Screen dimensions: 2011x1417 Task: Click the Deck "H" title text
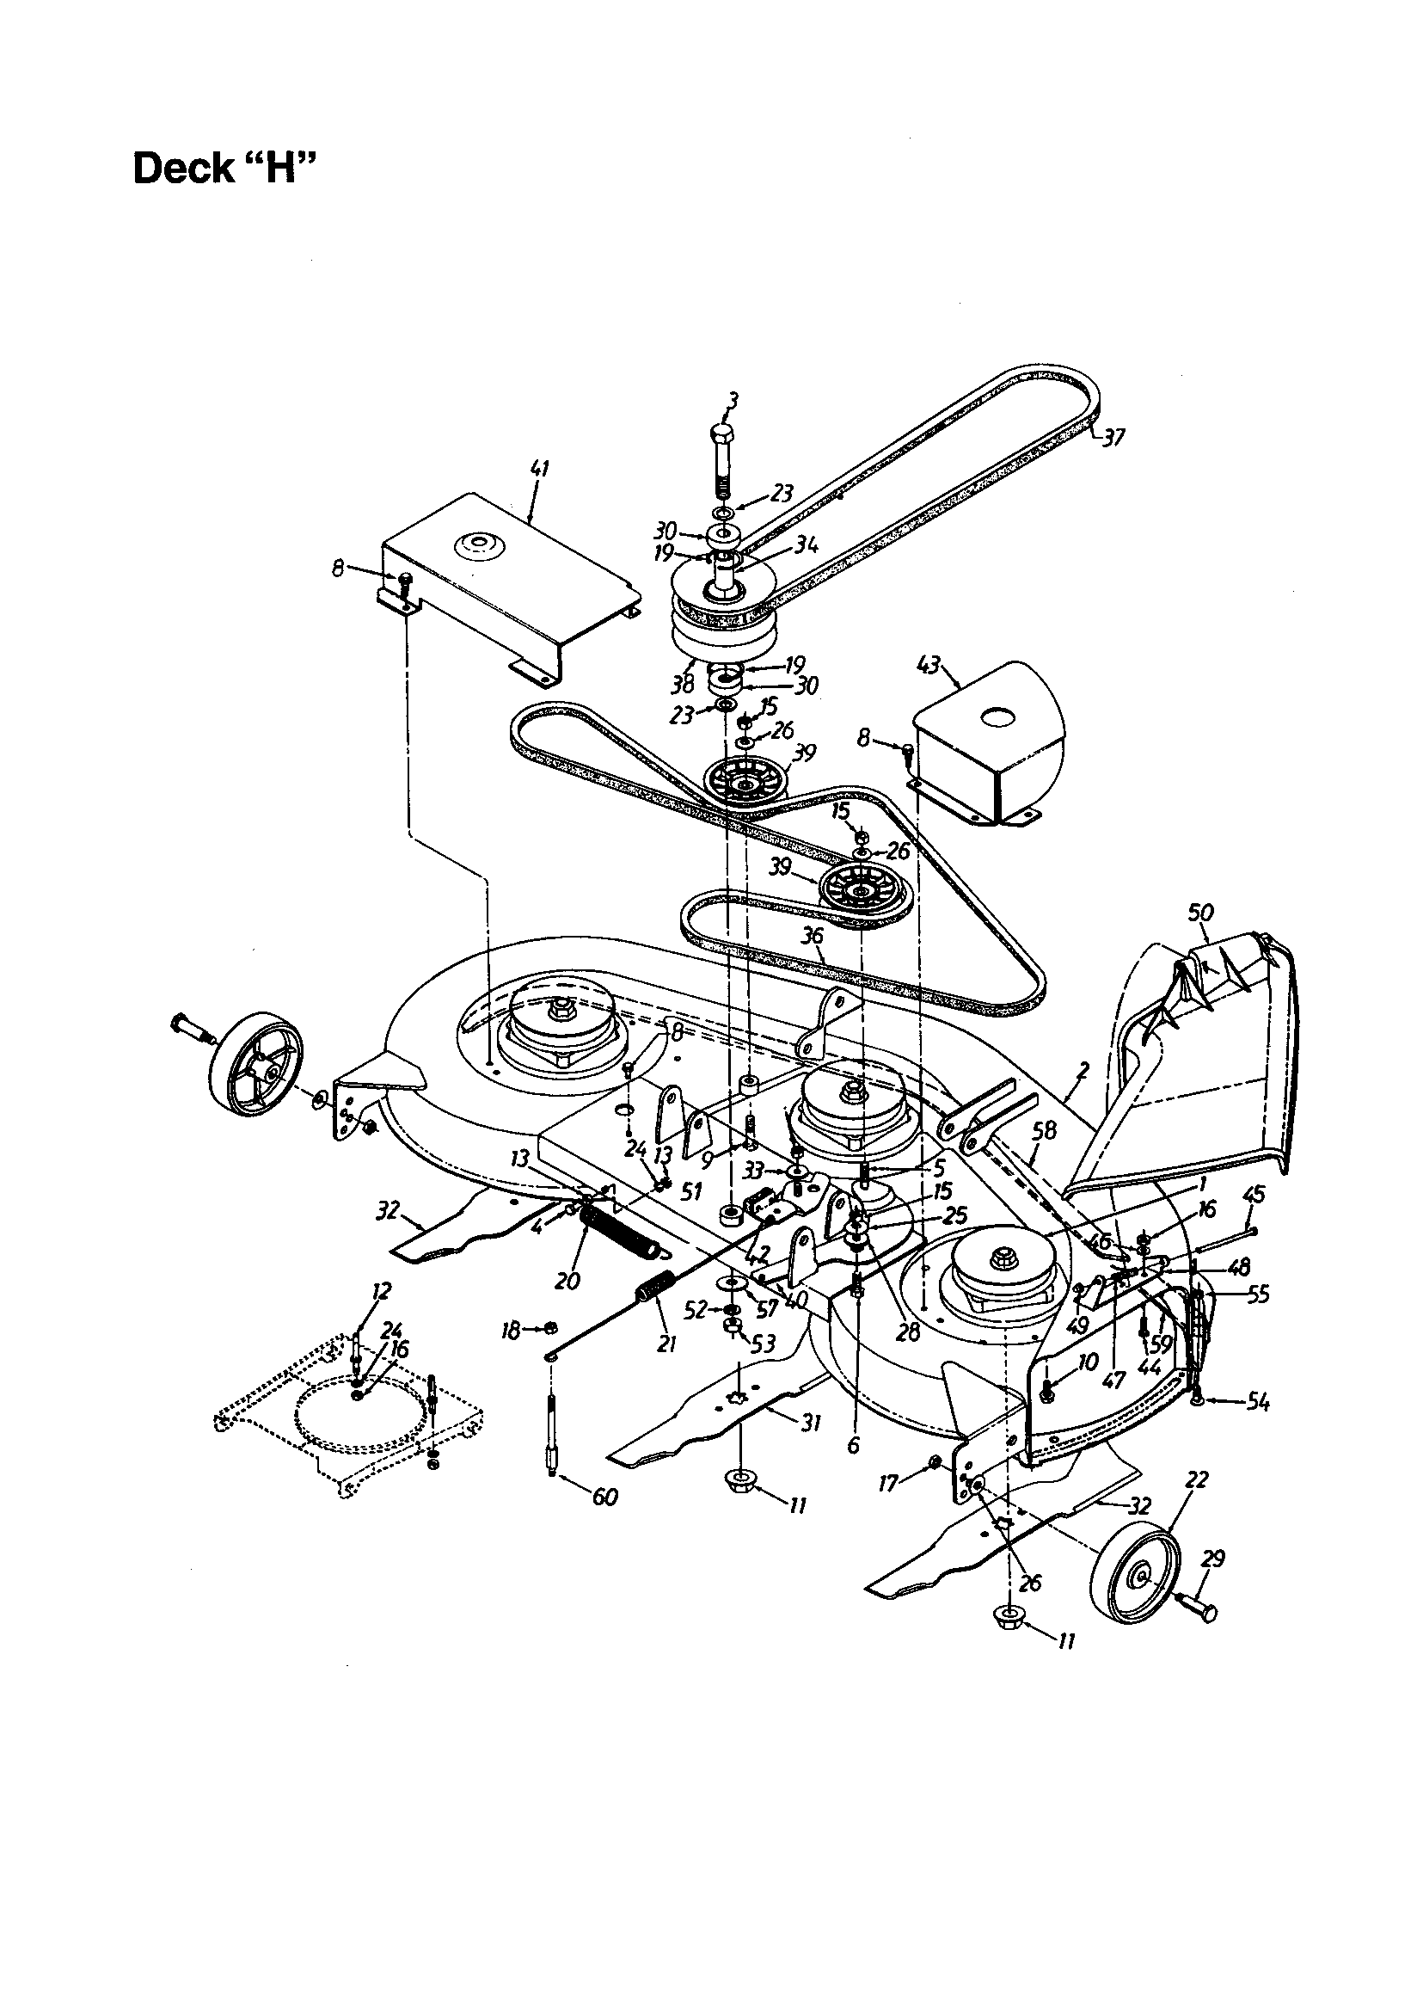(x=224, y=167)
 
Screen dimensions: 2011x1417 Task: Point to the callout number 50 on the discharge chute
(x=1200, y=912)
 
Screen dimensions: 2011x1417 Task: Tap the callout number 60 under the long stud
(x=605, y=1497)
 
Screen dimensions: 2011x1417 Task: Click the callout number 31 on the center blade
(x=812, y=1424)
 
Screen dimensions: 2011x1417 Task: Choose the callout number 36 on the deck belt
(x=813, y=936)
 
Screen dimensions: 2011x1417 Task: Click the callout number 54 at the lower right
(x=1259, y=1402)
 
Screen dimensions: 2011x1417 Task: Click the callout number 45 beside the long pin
(x=1254, y=1194)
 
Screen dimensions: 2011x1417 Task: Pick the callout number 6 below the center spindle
(x=853, y=1445)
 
